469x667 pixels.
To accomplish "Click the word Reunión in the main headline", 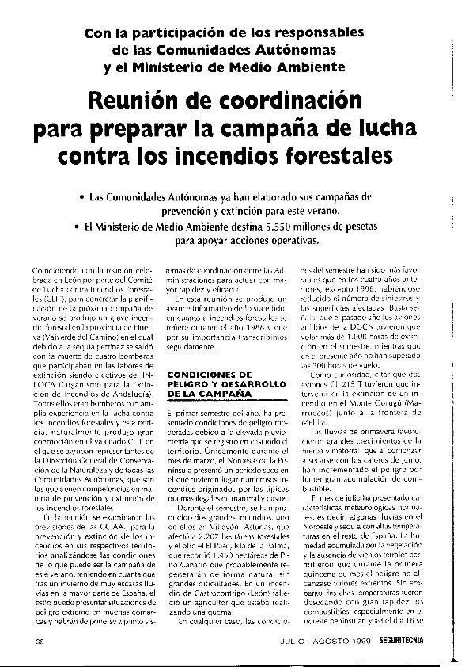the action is (151, 101).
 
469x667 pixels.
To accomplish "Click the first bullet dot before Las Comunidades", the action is (84, 196).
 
